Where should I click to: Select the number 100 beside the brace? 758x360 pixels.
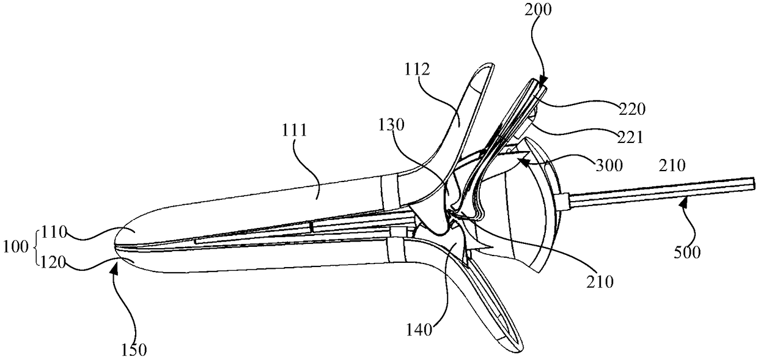pos(18,247)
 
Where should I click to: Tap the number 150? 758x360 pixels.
pos(133,349)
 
